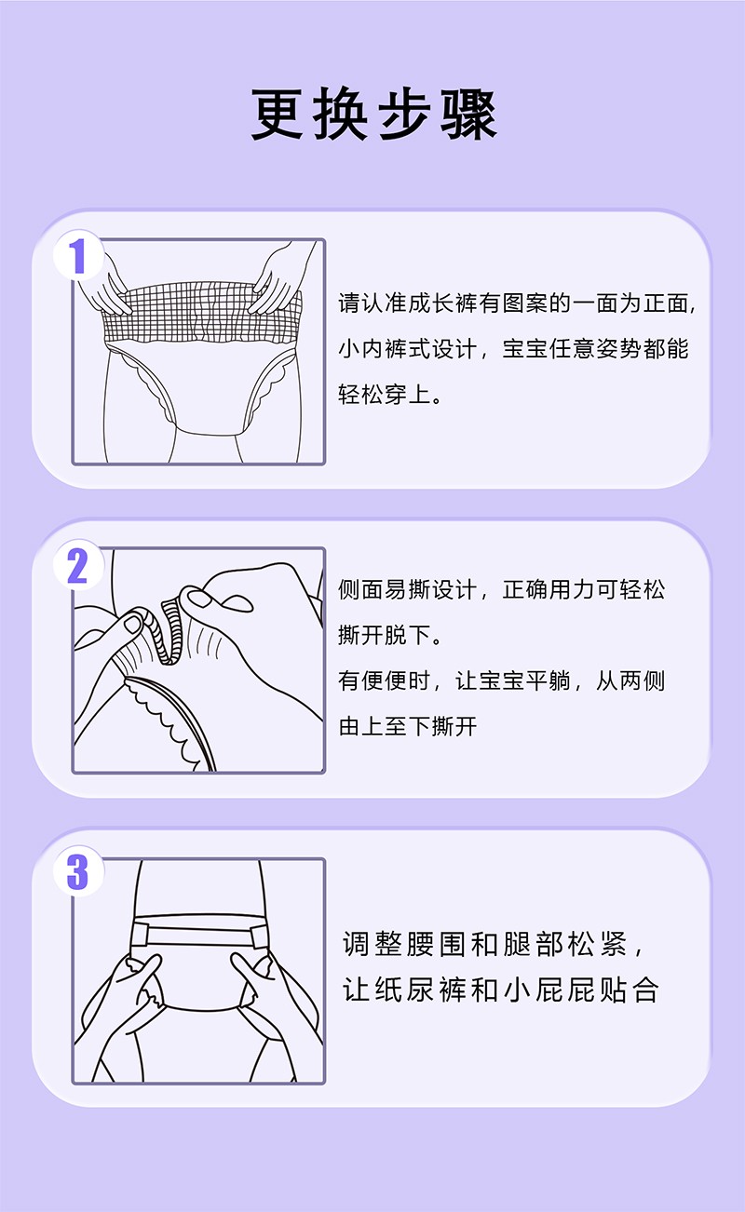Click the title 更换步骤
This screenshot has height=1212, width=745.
[x=372, y=116]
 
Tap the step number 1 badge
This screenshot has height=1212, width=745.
[x=77, y=256]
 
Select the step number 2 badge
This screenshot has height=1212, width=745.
[x=77, y=565]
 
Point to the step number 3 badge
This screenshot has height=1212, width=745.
[x=77, y=874]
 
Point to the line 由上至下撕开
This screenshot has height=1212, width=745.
[x=407, y=726]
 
